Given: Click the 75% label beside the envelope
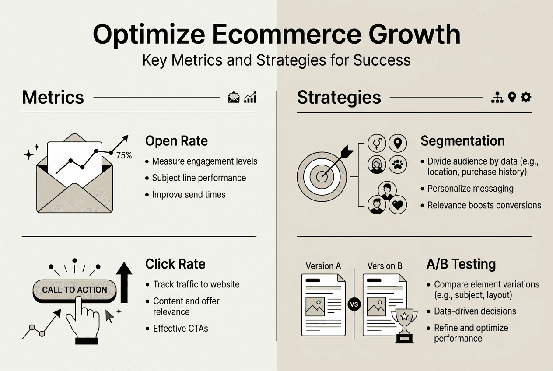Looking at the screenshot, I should [123, 155].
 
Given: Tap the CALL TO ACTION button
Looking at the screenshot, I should [74, 290].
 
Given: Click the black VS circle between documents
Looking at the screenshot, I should [353, 304].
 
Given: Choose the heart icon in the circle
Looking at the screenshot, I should [397, 205].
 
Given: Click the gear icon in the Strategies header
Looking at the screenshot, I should [526, 97].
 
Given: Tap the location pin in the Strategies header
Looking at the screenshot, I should [511, 98].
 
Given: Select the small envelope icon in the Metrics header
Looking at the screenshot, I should [234, 98].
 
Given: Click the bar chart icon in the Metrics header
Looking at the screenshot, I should [250, 98].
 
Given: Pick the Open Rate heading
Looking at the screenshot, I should [176, 141].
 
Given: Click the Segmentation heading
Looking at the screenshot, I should [462, 141].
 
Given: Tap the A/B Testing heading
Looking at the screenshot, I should [461, 264].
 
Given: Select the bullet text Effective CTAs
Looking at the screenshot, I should [180, 328].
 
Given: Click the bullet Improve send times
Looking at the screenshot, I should [189, 194].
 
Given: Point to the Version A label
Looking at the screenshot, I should [323, 266].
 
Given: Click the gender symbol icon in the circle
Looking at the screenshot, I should [377, 143].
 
